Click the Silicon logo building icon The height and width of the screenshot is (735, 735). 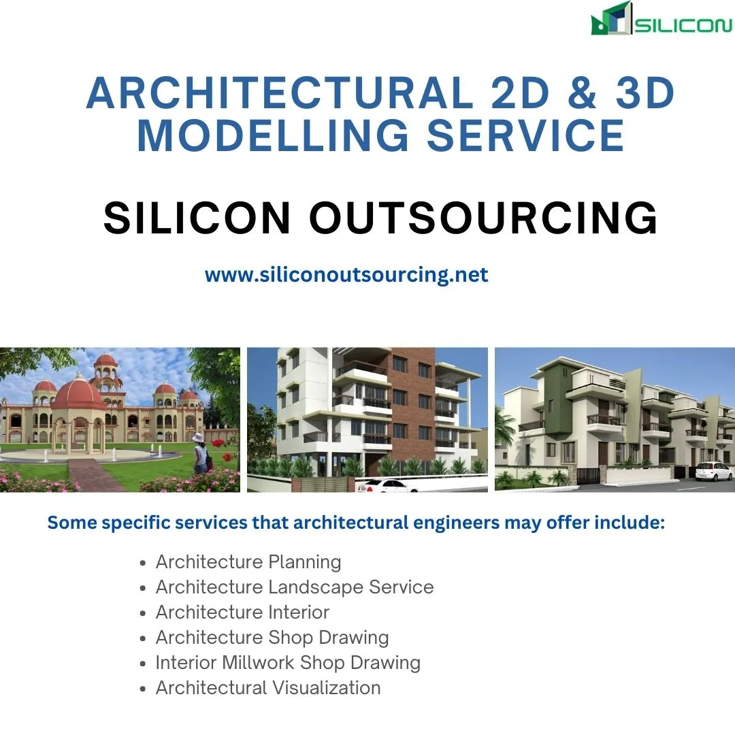pos(610,19)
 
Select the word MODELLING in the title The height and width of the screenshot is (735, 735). pos(274,135)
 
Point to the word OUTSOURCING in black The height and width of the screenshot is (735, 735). pos(484,218)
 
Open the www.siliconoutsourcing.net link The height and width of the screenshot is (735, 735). pos(346,274)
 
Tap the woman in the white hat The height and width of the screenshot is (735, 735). pos(200,453)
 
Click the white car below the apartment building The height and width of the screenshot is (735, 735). pos(387,485)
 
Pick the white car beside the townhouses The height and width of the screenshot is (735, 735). pos(713,471)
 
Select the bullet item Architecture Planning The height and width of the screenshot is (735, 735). pos(248,561)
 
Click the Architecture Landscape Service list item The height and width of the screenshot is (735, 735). pos(295,587)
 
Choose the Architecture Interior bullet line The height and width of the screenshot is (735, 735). pos(242,612)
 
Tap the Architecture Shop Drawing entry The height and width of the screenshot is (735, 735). pos(272,638)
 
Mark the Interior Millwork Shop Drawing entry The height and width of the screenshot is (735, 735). pos(288,663)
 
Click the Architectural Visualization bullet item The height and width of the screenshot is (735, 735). pos(268,687)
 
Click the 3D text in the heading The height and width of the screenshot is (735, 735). pos(645,93)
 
